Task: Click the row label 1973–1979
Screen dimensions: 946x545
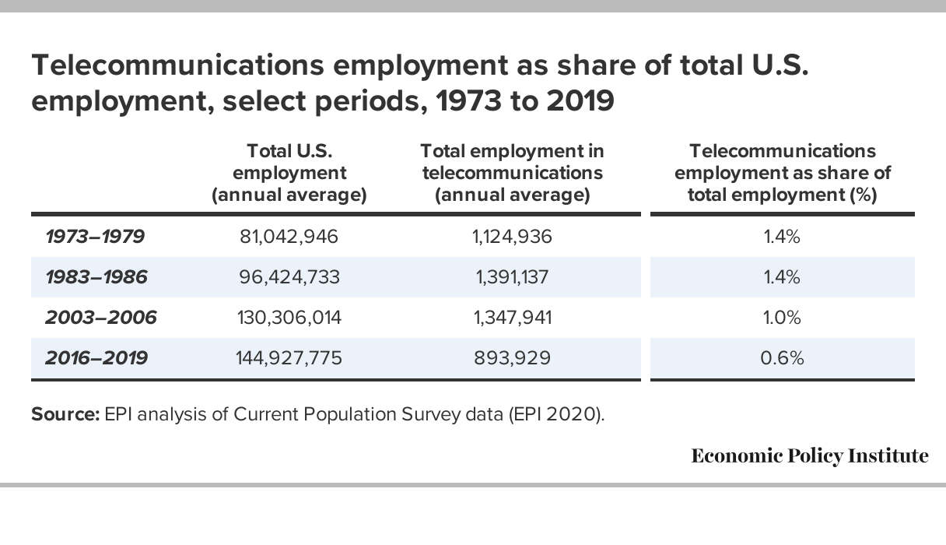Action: [x=95, y=237]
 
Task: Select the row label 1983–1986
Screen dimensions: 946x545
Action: [x=96, y=277]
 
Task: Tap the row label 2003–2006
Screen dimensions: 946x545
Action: [x=101, y=318]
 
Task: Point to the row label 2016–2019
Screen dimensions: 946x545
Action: [x=96, y=358]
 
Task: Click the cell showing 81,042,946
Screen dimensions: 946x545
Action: [x=289, y=237]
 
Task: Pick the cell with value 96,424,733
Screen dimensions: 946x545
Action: [x=289, y=277]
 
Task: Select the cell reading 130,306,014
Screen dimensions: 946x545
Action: [x=289, y=318]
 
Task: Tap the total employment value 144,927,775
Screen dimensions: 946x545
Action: [x=289, y=359]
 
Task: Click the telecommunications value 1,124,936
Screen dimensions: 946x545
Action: [x=512, y=237]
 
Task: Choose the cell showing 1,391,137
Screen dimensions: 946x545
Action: [x=512, y=277]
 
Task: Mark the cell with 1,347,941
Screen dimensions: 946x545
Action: [x=512, y=318]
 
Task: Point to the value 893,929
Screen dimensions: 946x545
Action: [x=512, y=359]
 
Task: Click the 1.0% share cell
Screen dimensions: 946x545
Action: [x=782, y=318]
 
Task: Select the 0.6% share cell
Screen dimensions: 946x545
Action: [x=782, y=358]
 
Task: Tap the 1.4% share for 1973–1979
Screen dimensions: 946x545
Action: [x=782, y=237]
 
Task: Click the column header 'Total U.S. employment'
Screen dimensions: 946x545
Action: [x=289, y=173]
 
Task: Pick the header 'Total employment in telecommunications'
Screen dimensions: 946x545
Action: [x=512, y=173]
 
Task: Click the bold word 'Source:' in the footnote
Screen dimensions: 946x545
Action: [x=65, y=414]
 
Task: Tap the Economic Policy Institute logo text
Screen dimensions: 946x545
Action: [x=810, y=455]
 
